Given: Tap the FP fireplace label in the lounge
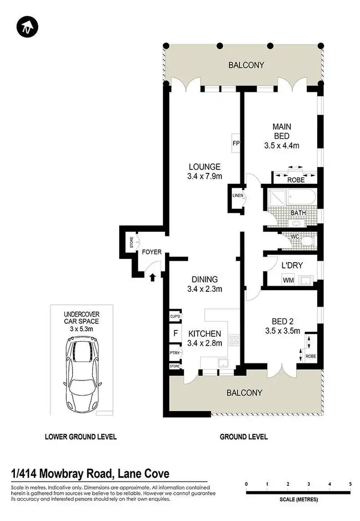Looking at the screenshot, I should [236, 143].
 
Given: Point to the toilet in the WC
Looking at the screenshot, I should [308, 240].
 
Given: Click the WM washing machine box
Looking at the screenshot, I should [288, 279].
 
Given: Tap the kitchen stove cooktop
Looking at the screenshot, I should [234, 340].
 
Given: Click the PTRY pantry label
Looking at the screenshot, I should [175, 353].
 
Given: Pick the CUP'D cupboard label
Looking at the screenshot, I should [175, 316].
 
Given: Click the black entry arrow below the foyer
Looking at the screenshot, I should [153, 277].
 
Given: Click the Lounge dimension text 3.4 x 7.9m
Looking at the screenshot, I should [204, 176].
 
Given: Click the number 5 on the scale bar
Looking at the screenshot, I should [350, 484].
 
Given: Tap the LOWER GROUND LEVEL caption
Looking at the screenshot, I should [81, 437].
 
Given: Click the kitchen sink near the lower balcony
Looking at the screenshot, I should [222, 363].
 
